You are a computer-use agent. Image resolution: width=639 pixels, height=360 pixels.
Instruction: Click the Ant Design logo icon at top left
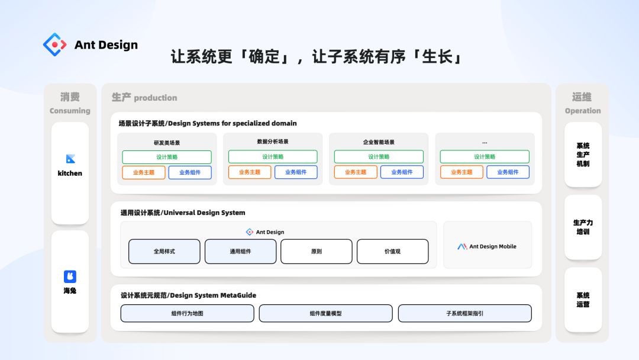(54, 44)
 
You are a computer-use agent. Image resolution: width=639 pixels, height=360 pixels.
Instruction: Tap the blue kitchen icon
(70, 159)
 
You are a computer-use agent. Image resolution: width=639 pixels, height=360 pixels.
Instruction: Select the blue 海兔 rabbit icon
(70, 277)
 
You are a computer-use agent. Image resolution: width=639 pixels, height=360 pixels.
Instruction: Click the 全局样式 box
(164, 252)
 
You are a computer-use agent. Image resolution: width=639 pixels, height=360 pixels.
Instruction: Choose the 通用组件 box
(240, 252)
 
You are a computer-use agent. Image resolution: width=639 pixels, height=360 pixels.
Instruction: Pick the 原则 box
(316, 252)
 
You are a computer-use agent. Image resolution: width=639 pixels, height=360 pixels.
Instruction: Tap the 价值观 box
(392, 252)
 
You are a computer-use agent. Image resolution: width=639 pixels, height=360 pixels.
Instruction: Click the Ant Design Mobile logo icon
(462, 246)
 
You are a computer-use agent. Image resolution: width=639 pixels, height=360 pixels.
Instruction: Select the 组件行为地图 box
(187, 314)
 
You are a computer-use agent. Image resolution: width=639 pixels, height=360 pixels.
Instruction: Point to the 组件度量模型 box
(325, 314)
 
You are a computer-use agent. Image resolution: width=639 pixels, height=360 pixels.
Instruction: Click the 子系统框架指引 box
(464, 314)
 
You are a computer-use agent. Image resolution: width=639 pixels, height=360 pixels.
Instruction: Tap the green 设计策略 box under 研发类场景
(167, 157)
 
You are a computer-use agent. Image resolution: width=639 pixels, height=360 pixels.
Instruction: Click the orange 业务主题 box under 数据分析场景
(250, 172)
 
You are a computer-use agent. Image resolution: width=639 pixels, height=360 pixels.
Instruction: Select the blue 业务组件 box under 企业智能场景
(402, 172)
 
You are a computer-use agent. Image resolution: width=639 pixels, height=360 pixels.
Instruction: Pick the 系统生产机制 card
(583, 155)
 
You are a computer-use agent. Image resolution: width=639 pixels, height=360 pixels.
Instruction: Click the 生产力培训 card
(583, 227)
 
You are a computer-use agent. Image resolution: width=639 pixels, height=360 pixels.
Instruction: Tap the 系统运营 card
(583, 300)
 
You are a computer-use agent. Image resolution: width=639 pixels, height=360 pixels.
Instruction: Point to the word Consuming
(70, 111)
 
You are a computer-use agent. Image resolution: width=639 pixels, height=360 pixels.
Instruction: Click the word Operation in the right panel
(583, 111)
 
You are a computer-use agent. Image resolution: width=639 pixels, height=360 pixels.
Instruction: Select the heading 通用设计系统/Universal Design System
(183, 213)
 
